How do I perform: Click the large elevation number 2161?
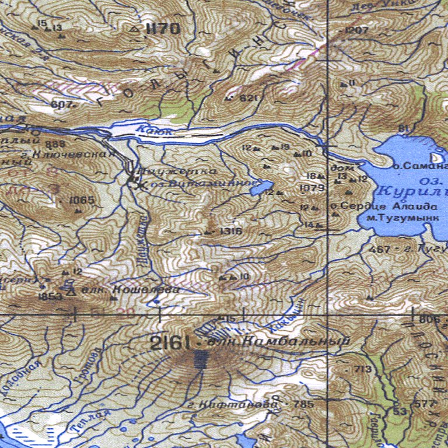(170, 343)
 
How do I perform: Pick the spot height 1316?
(231, 232)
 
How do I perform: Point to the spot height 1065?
(82, 200)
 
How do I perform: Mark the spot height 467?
(379, 249)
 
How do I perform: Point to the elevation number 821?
(248, 97)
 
